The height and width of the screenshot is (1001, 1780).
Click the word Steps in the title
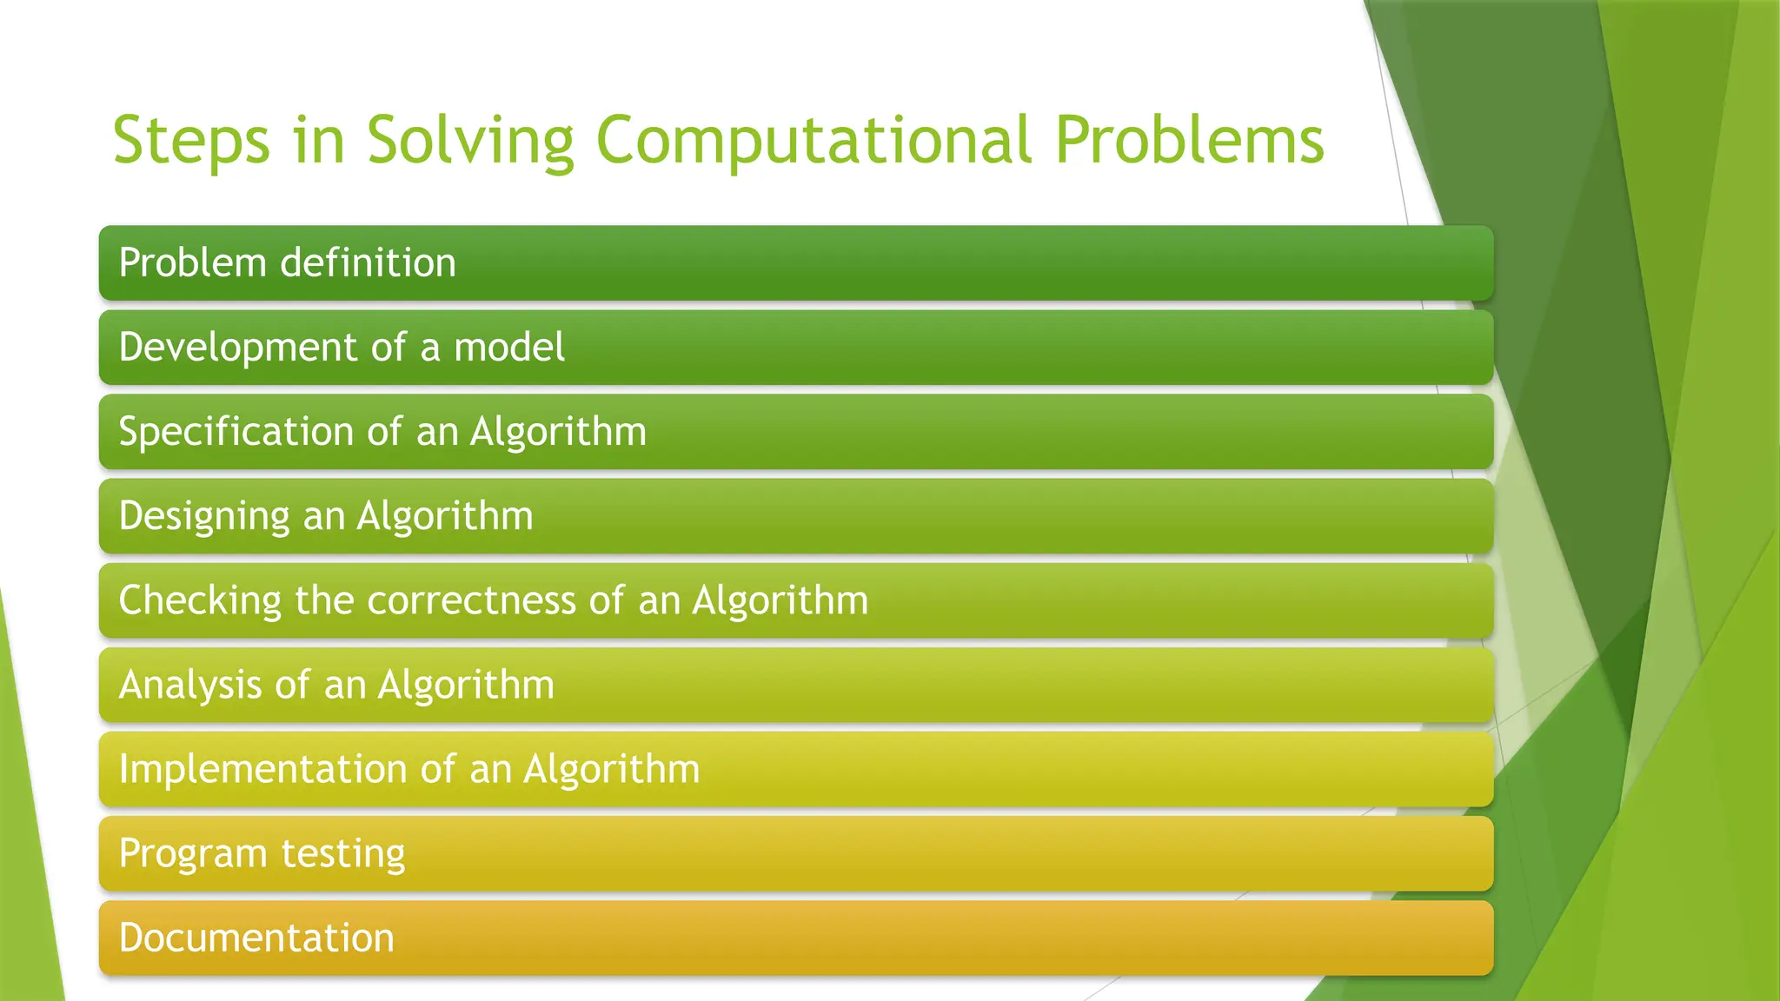(191, 141)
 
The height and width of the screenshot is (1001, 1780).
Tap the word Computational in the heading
(814, 141)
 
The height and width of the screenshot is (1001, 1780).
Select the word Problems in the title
(1189, 141)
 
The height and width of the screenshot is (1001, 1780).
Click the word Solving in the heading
(470, 141)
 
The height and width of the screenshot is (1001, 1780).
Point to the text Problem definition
(287, 263)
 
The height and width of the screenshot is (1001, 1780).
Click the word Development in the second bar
(237, 348)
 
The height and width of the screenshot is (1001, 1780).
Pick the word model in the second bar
(509, 348)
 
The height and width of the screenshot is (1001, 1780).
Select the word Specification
(236, 432)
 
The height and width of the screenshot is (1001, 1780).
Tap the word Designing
(204, 516)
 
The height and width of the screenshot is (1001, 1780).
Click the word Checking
(200, 600)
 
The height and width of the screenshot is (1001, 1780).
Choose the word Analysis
(189, 685)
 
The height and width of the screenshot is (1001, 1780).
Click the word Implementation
(262, 769)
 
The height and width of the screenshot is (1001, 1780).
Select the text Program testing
(262, 853)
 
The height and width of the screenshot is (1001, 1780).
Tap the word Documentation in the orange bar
(256, 938)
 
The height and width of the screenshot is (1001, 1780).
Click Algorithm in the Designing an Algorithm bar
(445, 516)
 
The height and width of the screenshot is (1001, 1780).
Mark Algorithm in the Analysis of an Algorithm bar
(466, 685)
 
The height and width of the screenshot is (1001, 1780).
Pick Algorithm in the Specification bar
(558, 432)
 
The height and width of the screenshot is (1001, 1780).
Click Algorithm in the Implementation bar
(611, 769)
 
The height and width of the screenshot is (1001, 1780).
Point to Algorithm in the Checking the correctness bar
(780, 600)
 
